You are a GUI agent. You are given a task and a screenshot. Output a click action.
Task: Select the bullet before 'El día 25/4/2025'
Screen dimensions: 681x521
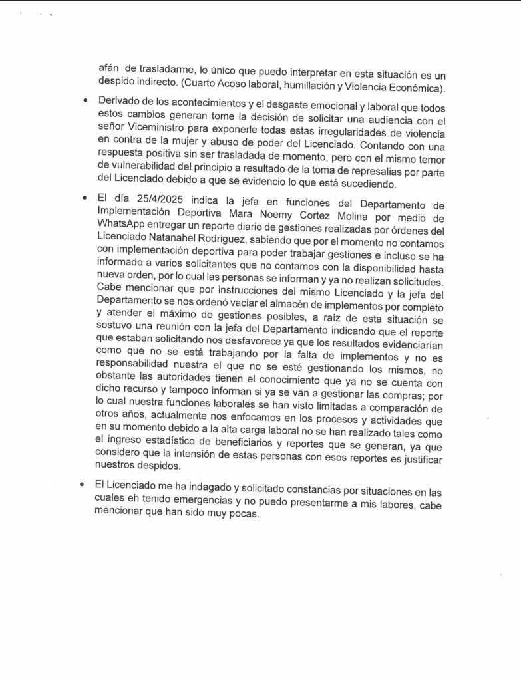[x=85, y=199]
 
